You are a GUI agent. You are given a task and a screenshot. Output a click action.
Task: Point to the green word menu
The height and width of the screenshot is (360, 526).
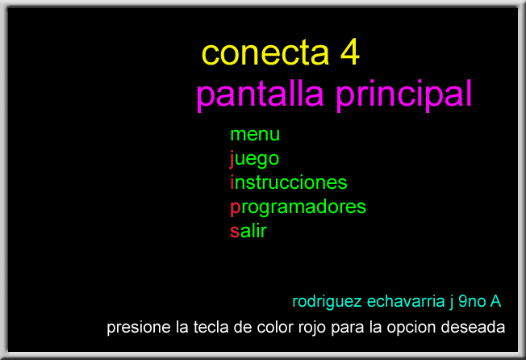click(x=255, y=135)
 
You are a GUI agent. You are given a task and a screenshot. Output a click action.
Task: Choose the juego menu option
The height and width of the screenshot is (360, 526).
click(x=254, y=159)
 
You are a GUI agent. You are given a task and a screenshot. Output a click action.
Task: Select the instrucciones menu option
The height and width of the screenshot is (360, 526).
click(x=289, y=182)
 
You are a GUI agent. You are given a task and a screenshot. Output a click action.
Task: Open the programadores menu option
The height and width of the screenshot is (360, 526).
click(x=298, y=207)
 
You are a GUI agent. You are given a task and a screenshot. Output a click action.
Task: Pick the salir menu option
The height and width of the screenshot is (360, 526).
click(x=248, y=231)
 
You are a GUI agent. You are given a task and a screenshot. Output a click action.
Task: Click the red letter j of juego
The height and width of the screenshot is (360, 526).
click(x=232, y=159)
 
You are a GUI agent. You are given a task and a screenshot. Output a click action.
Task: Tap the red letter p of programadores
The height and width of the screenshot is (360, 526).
click(x=236, y=208)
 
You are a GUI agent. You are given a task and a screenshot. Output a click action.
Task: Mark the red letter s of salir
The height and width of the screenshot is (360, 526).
click(x=235, y=232)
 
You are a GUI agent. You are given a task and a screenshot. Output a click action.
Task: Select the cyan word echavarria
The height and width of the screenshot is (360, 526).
click(x=406, y=301)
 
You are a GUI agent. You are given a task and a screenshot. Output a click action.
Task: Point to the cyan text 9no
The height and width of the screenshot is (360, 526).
click(x=472, y=301)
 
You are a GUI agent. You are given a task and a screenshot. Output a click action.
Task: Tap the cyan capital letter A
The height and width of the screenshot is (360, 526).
click(x=495, y=301)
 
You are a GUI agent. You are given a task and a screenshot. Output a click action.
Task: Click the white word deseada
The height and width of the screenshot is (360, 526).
click(x=473, y=327)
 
